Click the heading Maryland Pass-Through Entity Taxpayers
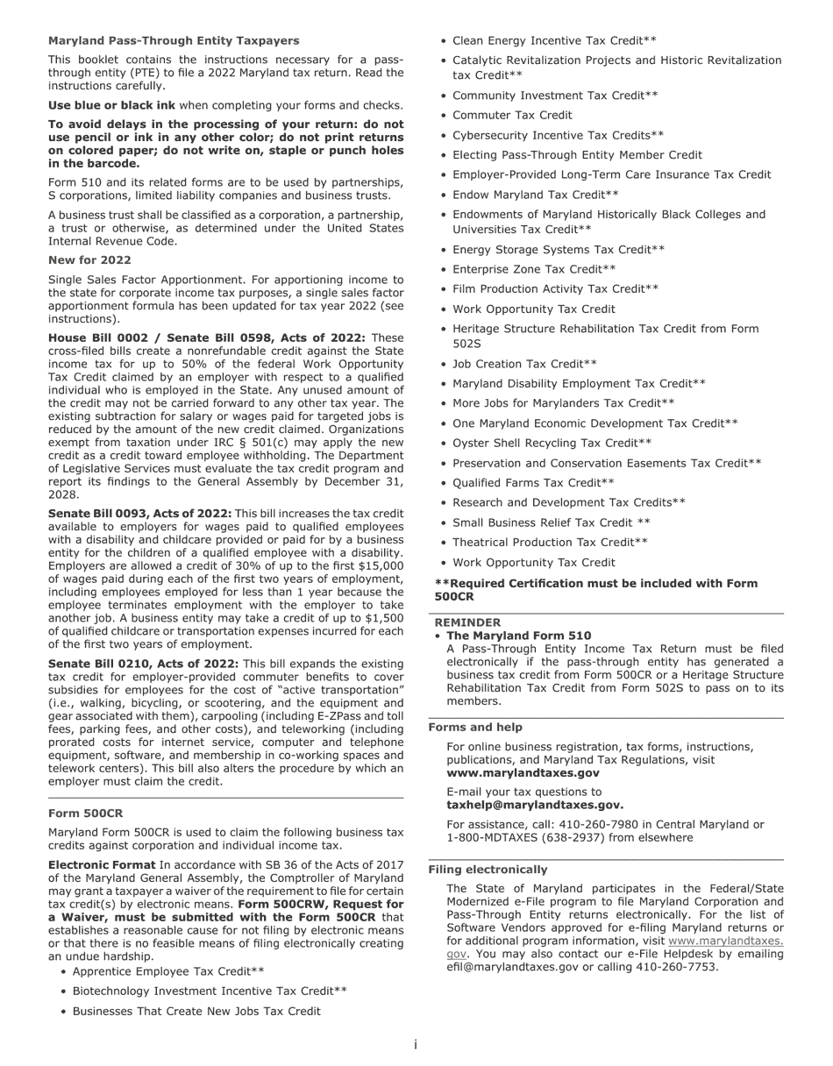pos(173,40)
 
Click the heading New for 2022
pos(89,259)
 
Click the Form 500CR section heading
pos(85,813)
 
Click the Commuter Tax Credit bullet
pos(512,115)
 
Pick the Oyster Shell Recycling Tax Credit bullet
pos(552,443)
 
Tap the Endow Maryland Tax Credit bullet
pos(535,195)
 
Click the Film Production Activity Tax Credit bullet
pos(555,288)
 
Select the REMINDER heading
pos(467,622)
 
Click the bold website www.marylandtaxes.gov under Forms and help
pos(523,773)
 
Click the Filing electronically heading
pos(488,869)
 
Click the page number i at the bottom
pos(416,1045)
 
